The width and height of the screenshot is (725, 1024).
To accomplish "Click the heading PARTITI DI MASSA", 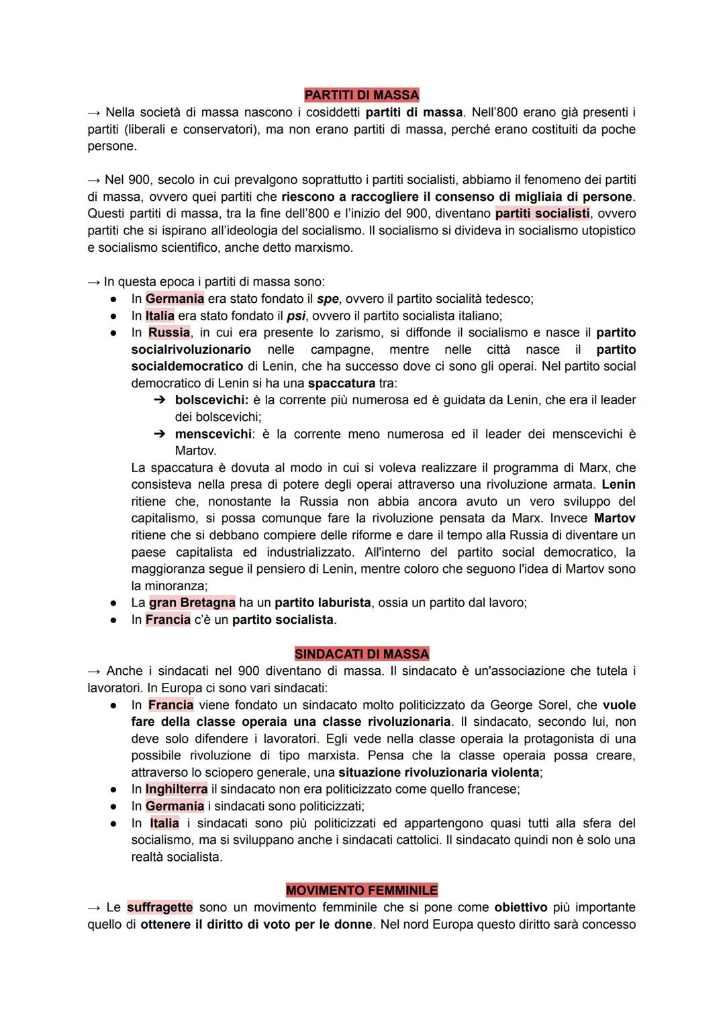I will (x=361, y=95).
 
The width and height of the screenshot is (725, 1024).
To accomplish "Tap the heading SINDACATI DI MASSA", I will (x=361, y=653).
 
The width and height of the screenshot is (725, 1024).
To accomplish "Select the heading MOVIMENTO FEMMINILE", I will (x=361, y=890).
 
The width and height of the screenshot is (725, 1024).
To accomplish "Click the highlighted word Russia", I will (x=169, y=332).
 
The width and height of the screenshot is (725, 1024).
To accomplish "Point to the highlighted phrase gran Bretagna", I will (x=192, y=602).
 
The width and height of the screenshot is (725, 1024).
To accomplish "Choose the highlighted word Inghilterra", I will (x=176, y=789).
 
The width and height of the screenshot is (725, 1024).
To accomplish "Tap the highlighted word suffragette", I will (x=160, y=907).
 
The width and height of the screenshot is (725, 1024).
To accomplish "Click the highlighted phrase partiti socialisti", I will (x=542, y=214).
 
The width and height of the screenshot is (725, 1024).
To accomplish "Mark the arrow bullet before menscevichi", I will (x=159, y=434).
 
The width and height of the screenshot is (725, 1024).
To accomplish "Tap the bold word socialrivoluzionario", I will (x=191, y=350).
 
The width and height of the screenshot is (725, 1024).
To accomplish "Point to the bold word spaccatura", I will (x=341, y=383).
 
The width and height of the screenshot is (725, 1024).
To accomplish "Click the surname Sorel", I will (x=552, y=705).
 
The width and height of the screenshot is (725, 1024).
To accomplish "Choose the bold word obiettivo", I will (x=521, y=907).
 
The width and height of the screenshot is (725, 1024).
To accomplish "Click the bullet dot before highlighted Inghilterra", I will (x=115, y=790).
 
